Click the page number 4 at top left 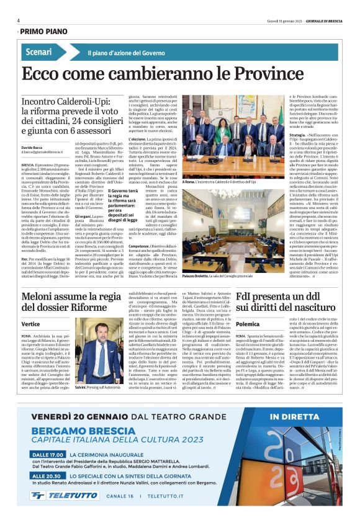click(x=19, y=20)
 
